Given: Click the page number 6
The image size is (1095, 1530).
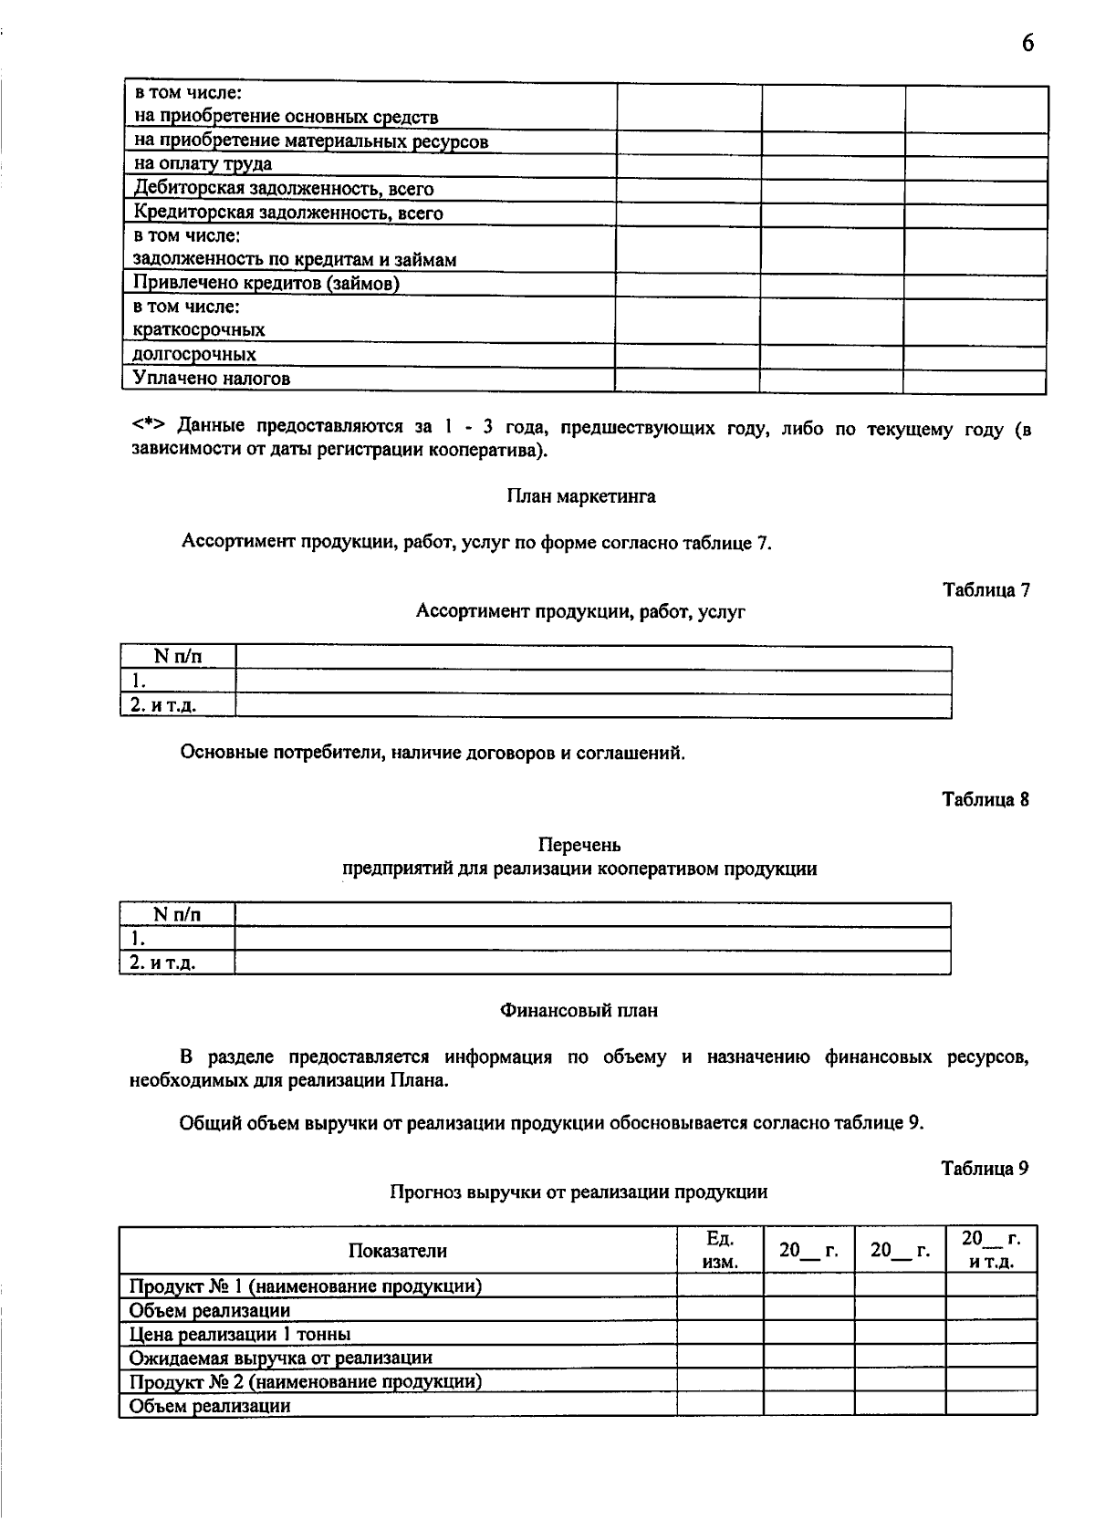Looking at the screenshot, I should coord(1027,44).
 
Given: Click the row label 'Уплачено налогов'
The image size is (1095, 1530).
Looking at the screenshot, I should coord(212,378).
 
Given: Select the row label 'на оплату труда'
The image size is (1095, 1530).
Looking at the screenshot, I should coord(203,164).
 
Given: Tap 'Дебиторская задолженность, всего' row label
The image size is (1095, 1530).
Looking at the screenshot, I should coord(284,189).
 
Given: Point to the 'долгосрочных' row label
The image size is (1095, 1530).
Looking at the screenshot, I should coord(194,354).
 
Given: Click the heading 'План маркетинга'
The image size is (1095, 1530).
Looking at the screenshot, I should coord(581,496).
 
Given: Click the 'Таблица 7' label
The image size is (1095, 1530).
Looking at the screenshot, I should coord(985,589).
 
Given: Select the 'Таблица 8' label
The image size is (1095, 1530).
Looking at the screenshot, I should coord(985,799).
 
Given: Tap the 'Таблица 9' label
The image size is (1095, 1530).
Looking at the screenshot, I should coord(985,1168).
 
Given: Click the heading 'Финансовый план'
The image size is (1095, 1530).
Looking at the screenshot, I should coord(579,1010).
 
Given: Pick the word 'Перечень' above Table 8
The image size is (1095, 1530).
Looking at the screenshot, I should coord(579,845).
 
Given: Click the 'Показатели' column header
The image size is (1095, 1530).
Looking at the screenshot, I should coord(398,1251).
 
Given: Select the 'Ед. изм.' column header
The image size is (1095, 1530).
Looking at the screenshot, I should coord(720,1251).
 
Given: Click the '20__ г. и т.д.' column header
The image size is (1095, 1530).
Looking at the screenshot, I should coord(991,1251).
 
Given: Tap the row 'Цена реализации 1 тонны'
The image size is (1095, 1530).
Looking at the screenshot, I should coord(240,1334).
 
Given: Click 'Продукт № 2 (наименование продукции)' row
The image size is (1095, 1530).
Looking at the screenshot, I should coord(306,1381).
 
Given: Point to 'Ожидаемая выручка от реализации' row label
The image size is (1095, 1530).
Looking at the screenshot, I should coord(281,1358).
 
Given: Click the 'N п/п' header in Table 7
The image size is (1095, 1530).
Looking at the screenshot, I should coord(178,656).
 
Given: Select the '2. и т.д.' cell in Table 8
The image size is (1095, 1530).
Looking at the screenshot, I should coord(163,963).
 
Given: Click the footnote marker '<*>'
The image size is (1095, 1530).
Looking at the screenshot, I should coord(150,427).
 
